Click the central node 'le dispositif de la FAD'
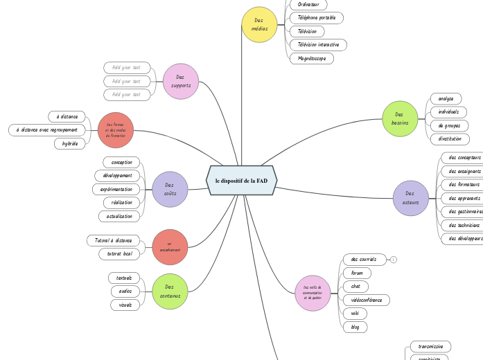241,181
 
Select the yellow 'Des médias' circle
259,25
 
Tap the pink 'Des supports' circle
181,81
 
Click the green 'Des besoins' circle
400,118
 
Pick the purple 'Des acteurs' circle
411,198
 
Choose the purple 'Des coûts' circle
170,189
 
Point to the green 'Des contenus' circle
170,291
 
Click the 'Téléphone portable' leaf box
316,18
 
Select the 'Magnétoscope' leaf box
311,58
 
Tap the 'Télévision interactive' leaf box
318,45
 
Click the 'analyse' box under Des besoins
446,99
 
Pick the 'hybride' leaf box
70,143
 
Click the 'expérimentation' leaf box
116,189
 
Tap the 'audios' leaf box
125,291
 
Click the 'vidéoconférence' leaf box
366,300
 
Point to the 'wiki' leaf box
355,314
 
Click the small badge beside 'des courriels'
394,260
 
